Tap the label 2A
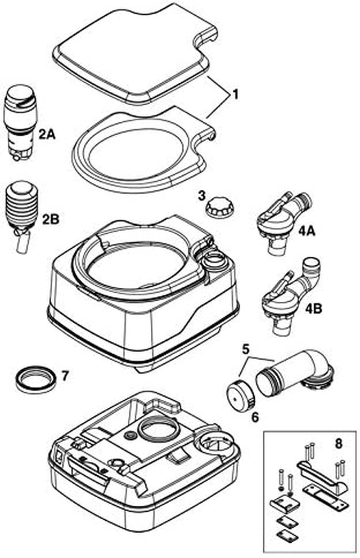pos(46,134)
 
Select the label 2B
pos(50,219)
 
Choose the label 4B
pos(313,309)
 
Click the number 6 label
pos(255,417)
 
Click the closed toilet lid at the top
pos(135,49)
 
